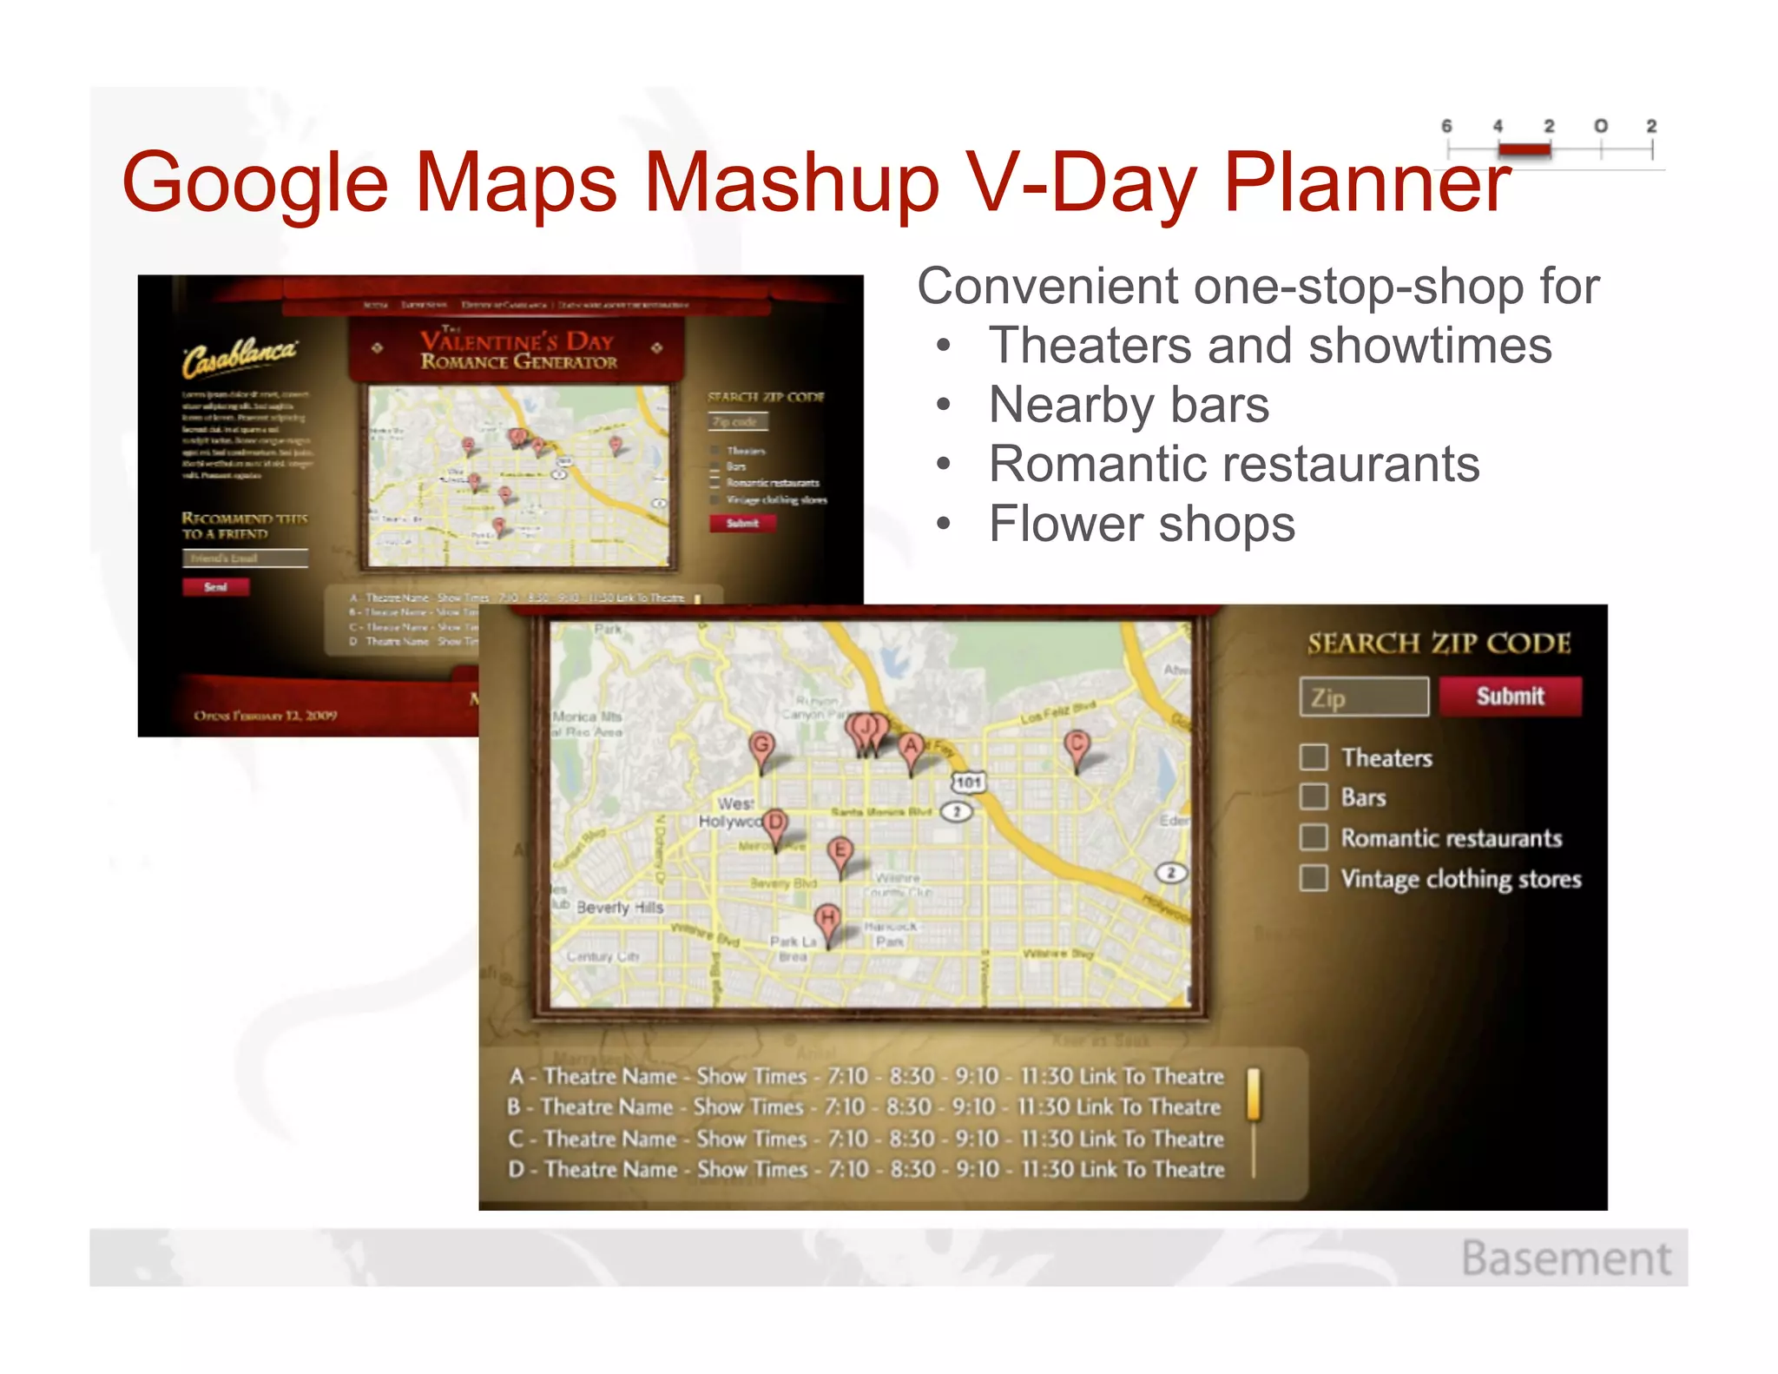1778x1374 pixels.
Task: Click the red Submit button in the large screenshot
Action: pyautogui.click(x=1510, y=697)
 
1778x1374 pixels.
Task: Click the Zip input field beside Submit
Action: pyautogui.click(x=1364, y=697)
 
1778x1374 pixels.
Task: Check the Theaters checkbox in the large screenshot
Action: pyautogui.click(x=1314, y=757)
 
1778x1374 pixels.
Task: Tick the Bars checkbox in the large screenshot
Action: pyautogui.click(x=1314, y=797)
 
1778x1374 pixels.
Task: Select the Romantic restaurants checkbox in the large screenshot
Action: pyautogui.click(x=1314, y=838)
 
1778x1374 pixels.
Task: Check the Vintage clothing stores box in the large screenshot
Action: pyautogui.click(x=1314, y=878)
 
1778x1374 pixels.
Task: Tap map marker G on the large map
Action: pyautogui.click(x=761, y=746)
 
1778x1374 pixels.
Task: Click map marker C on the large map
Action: pyautogui.click(x=1077, y=745)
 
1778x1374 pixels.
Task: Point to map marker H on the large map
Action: pyautogui.click(x=827, y=920)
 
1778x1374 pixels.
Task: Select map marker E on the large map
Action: pyautogui.click(x=840, y=850)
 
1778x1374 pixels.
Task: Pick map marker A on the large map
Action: pyautogui.click(x=910, y=748)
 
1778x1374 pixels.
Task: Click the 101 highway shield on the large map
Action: pyautogui.click(x=968, y=783)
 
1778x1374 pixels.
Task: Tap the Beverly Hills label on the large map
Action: pyautogui.click(x=620, y=908)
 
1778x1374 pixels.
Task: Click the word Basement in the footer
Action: pyautogui.click(x=1565, y=1258)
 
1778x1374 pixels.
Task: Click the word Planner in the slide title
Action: pyautogui.click(x=1367, y=182)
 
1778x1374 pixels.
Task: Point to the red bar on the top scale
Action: pyautogui.click(x=1524, y=150)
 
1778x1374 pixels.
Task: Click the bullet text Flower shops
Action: pyautogui.click(x=1141, y=524)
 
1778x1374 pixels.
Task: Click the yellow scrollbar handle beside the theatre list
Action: pyautogui.click(x=1253, y=1093)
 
